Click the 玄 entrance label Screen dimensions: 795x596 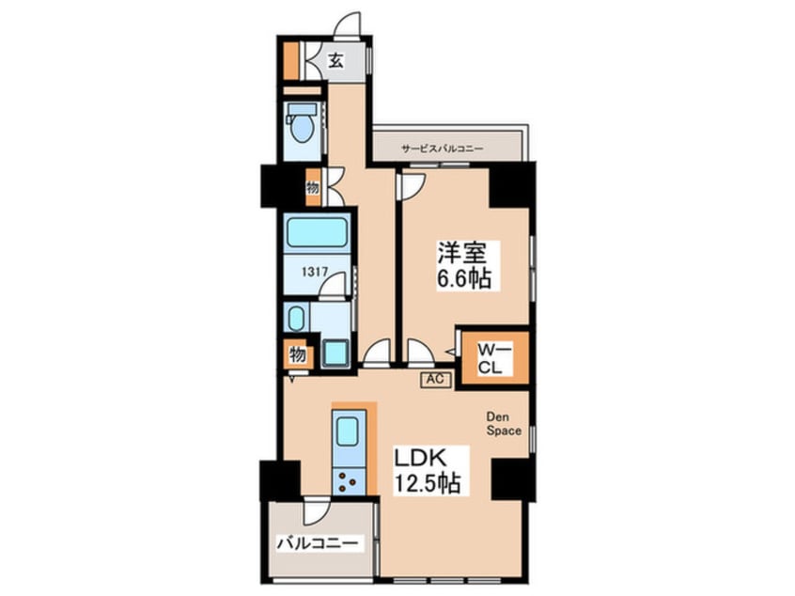tap(335, 60)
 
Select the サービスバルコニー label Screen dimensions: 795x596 tap(442, 149)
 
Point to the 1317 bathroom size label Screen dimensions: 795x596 tap(315, 272)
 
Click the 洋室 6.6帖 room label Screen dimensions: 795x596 tap(464, 265)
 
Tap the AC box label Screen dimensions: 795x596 tap(435, 379)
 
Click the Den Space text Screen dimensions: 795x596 tap(504, 424)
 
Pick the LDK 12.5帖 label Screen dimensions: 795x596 tap(428, 470)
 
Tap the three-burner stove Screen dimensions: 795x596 tap(349, 481)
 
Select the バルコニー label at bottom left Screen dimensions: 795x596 tap(320, 543)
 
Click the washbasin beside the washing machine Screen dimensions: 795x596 tap(296, 318)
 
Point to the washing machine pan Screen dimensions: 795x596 tap(336, 352)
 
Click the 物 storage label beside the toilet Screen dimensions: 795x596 tap(313, 188)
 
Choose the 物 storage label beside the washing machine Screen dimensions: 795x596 tap(297, 354)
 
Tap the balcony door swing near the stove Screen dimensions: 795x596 tap(317, 511)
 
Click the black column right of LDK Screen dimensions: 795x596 tap(513, 479)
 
